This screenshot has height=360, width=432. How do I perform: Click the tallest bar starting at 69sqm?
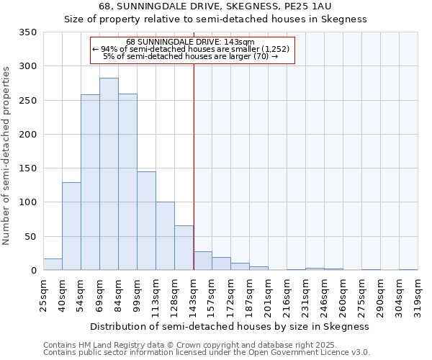coord(109,174)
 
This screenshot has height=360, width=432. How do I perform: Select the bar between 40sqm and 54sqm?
coord(71,226)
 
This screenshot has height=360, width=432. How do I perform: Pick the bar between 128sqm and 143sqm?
coord(184,248)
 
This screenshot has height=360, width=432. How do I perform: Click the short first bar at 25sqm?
coord(53,264)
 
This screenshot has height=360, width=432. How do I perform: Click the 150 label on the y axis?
coord(27,168)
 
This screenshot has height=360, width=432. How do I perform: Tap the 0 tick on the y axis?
coord(33,271)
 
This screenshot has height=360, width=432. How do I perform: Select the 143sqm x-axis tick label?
coord(194,294)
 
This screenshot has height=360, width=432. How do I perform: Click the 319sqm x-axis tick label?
coord(418,294)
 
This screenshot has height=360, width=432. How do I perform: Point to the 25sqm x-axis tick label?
coord(44,294)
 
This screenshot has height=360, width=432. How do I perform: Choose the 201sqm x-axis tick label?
coord(269,294)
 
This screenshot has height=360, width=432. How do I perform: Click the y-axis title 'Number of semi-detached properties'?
coord(6,155)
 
